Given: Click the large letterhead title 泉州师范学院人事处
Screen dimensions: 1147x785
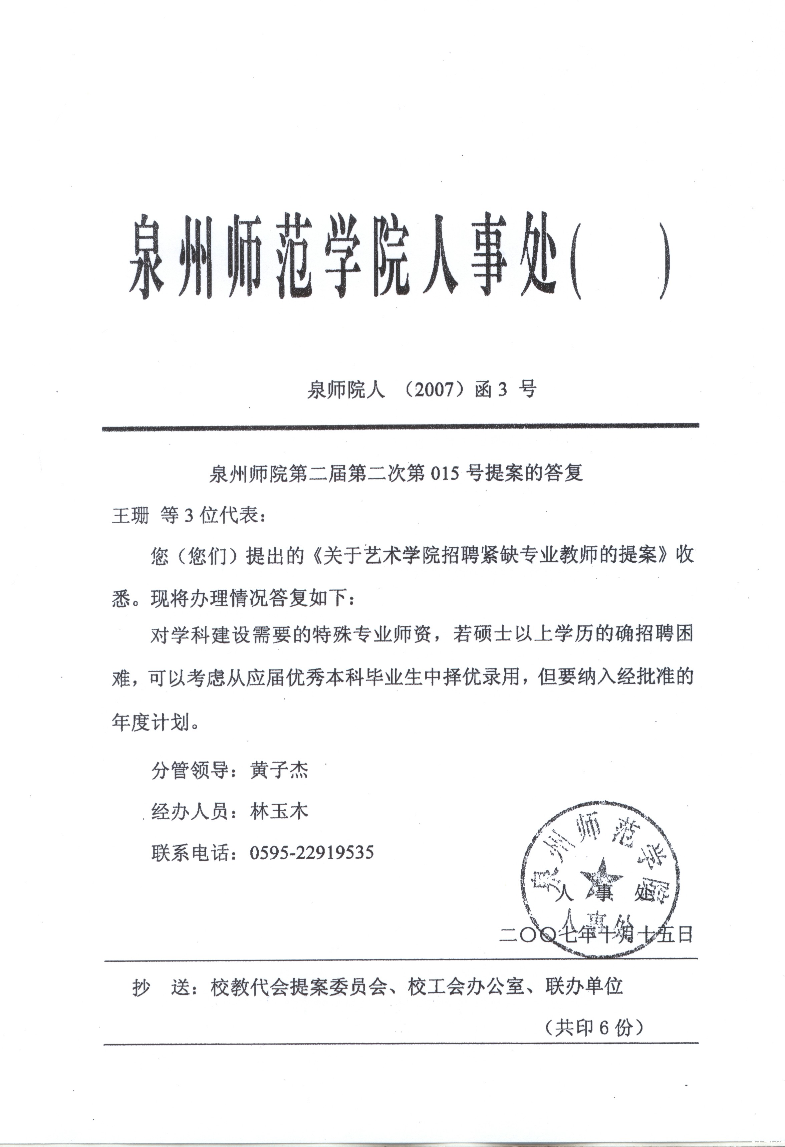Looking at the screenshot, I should click(345, 256).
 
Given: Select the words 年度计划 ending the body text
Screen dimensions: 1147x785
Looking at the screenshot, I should click(151, 723).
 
